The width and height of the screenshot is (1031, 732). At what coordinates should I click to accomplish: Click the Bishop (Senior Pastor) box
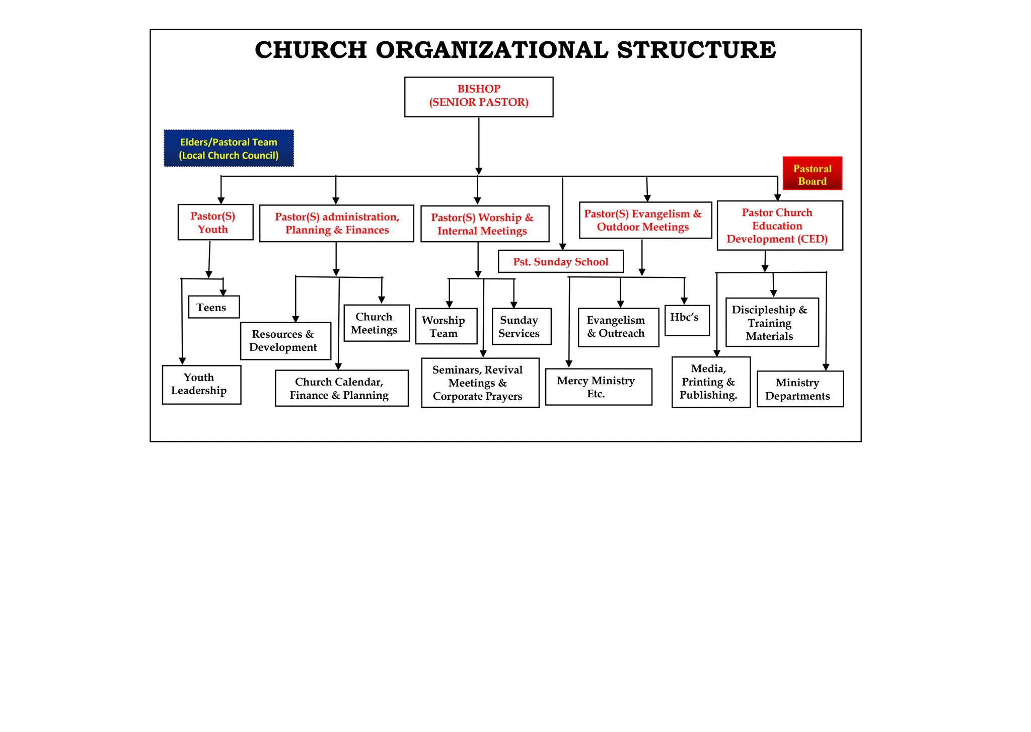[x=478, y=97]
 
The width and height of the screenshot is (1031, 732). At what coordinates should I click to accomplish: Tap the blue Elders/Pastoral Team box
[x=229, y=149]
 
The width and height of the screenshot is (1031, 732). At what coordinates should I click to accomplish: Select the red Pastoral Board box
[x=812, y=174]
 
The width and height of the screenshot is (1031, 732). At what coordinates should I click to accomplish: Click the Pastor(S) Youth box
[x=215, y=222]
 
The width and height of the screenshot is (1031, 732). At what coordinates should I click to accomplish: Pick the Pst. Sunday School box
[x=560, y=261]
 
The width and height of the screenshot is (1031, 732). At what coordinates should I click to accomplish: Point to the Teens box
[x=213, y=307]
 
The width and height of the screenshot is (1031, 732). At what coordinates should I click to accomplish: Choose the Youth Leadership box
[x=201, y=385]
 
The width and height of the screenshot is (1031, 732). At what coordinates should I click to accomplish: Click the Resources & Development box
[x=285, y=341]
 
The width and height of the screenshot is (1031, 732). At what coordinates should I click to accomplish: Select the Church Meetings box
[x=376, y=323]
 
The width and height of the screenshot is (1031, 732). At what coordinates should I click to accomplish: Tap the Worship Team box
[x=446, y=326]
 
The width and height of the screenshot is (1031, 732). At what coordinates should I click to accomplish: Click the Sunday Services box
[x=521, y=326]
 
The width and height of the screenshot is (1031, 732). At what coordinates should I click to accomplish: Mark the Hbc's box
[x=687, y=320]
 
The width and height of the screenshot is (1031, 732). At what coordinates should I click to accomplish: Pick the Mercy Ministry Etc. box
[x=598, y=387]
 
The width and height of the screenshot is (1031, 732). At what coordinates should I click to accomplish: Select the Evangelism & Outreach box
[x=618, y=327]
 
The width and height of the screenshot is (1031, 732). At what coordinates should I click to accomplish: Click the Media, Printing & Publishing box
[x=710, y=382]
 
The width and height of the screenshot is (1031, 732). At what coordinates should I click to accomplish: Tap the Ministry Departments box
[x=799, y=389]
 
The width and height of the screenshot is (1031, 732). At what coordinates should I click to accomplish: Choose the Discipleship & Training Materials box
[x=772, y=322]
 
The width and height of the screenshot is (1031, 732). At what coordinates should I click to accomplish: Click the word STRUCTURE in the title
[x=696, y=50]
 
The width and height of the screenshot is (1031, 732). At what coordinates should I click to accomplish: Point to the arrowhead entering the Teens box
[x=223, y=292]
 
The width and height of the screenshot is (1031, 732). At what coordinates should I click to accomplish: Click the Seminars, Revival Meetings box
[x=480, y=383]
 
